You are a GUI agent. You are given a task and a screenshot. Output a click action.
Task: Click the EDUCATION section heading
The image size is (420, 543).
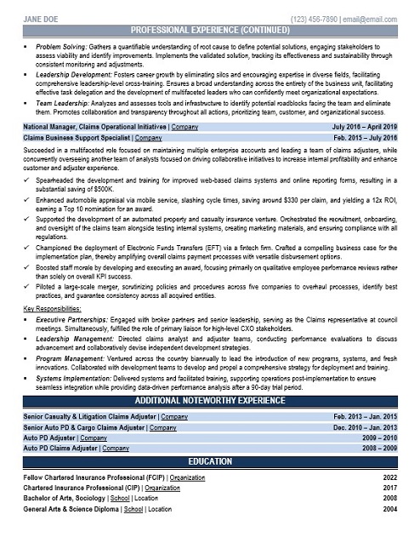[210, 461]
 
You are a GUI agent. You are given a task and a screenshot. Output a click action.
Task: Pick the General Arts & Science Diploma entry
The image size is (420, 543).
[73, 509]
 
